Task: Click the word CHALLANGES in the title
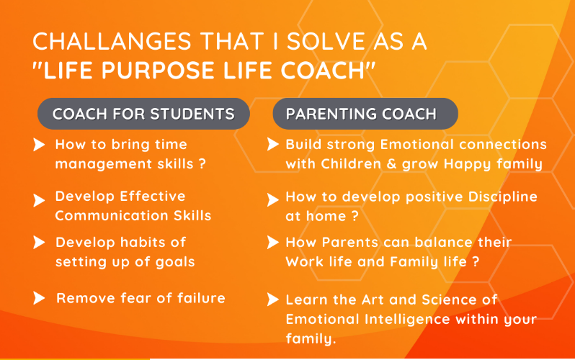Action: (x=112, y=41)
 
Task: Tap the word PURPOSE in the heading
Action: (x=158, y=70)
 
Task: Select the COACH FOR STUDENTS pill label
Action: (x=143, y=114)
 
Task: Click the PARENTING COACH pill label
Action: (x=365, y=114)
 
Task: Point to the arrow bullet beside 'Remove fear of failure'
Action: (x=39, y=297)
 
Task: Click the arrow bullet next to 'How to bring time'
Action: (x=39, y=145)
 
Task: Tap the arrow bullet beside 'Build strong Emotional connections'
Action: (x=273, y=144)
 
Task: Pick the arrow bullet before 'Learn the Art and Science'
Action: (x=273, y=300)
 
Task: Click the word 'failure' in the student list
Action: (x=201, y=297)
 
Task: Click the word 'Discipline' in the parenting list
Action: (x=502, y=197)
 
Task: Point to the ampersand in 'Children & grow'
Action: (x=392, y=163)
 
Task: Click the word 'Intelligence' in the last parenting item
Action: (x=407, y=319)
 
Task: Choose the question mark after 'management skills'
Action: (x=202, y=163)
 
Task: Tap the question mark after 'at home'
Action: (x=355, y=216)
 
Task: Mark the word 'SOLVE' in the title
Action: (x=326, y=41)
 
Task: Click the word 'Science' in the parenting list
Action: (x=449, y=300)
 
